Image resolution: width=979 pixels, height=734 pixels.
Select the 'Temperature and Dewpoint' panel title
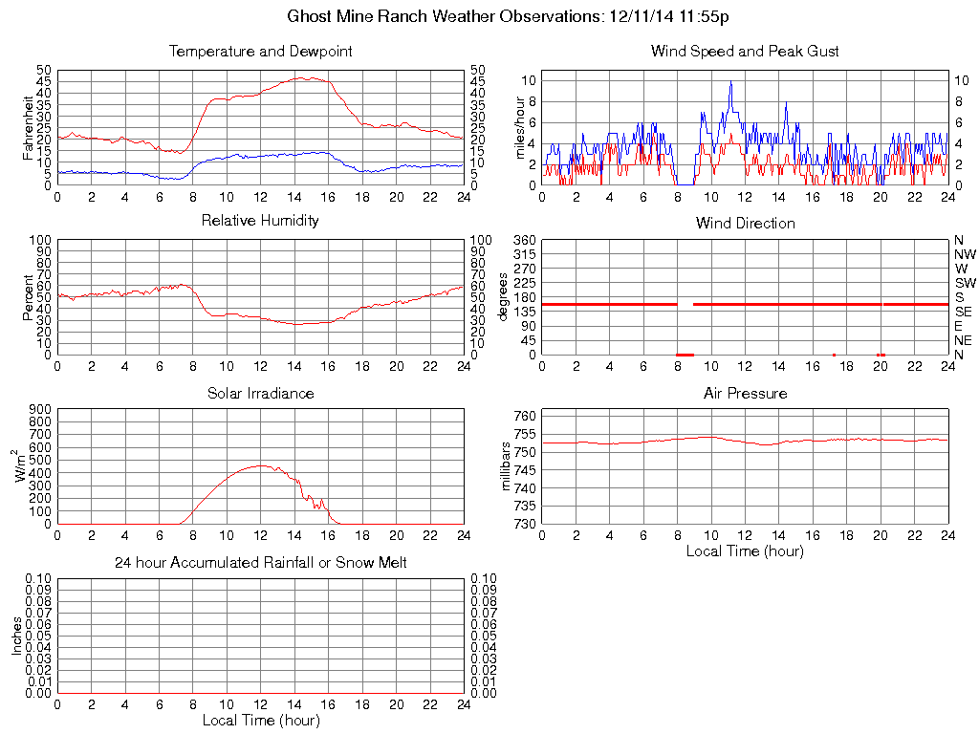pos(260,51)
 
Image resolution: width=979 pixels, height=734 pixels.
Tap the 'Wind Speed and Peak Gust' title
pos(745,51)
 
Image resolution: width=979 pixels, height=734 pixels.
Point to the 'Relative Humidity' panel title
pos(260,221)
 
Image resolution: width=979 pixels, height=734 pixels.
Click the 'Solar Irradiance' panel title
pos(260,393)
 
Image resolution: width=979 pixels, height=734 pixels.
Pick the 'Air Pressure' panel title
pos(745,393)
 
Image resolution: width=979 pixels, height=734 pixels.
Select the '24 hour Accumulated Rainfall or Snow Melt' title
pos(260,563)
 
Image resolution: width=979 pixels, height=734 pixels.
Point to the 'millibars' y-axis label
pos(508,466)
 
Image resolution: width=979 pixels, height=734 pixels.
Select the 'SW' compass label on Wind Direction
pos(964,283)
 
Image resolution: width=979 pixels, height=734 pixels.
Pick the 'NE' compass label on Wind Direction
pos(963,340)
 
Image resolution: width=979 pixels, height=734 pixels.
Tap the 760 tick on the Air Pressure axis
pos(526,416)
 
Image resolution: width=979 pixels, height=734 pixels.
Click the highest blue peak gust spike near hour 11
pos(730,82)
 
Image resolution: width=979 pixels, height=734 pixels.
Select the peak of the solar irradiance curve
pos(260,465)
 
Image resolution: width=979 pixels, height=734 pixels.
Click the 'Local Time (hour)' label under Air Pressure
pos(745,550)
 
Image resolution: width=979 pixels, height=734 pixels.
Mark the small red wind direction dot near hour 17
pos(834,355)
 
